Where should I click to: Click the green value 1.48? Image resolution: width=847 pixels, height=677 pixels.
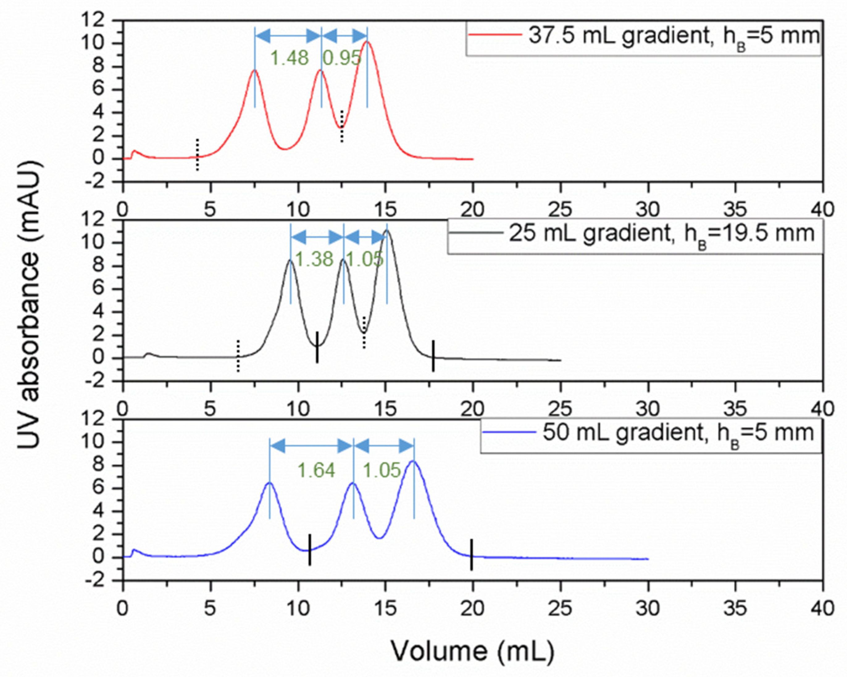[x=289, y=58]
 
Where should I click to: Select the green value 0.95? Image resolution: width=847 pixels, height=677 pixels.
[x=341, y=58]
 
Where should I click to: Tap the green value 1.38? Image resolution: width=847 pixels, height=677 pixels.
[x=314, y=259]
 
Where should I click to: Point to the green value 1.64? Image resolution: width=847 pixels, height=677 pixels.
[x=316, y=470]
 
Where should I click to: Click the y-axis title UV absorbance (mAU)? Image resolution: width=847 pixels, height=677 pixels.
[x=29, y=304]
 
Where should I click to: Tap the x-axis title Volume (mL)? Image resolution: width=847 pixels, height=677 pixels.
[x=473, y=651]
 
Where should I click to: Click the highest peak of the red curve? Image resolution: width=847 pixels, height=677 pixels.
[x=367, y=42]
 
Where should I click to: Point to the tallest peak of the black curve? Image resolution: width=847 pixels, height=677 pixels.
[x=387, y=231]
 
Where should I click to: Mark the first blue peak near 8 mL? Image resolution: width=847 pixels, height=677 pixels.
[x=269, y=483]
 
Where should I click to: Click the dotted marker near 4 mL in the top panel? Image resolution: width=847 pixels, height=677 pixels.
[x=198, y=154]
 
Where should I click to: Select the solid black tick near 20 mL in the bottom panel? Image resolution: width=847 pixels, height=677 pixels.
[x=471, y=554]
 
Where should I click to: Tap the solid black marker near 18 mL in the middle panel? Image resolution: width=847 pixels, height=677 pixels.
[x=433, y=356]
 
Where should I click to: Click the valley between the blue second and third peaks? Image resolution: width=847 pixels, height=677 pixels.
[x=379, y=538]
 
